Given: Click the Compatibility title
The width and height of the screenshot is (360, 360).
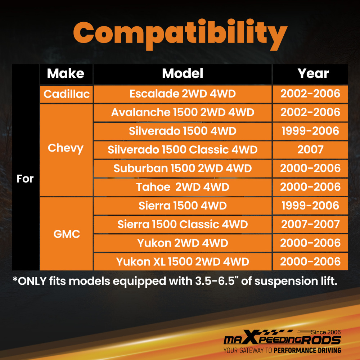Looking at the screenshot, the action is pos(180,35).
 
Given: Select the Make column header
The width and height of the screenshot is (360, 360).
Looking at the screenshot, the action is pos(66,73).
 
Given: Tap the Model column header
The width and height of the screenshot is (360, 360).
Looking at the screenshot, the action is pos(183,73).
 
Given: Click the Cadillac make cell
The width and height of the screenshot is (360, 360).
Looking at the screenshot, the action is pos(67,94).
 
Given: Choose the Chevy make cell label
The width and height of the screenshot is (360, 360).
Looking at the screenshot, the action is pos(66,148).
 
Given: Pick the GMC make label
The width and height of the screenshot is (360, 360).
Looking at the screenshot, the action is pos(67,234).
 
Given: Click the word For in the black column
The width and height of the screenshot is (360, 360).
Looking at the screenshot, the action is pos(25,179).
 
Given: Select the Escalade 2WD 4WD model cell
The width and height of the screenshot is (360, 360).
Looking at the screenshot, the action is pos(183,94).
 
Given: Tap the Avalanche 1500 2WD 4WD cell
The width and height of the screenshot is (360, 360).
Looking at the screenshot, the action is pos(183,112).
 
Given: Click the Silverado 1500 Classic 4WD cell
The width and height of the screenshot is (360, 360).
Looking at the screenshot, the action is pos(183,150).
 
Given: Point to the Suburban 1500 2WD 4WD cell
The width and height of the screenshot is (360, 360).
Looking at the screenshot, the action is pos(183,168).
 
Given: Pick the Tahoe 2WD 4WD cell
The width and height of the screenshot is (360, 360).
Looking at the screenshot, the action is pos(183,187).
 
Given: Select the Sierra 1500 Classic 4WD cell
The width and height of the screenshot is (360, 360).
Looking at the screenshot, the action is pos(183,224).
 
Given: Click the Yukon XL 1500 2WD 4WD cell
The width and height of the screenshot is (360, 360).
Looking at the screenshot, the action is pos(183,261).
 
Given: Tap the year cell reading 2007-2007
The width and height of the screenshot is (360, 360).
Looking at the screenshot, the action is pos(310,224).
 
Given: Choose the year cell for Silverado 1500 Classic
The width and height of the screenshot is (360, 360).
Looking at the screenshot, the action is pos(310,150).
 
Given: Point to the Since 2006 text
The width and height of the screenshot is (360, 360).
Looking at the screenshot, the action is pos(326,332).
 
